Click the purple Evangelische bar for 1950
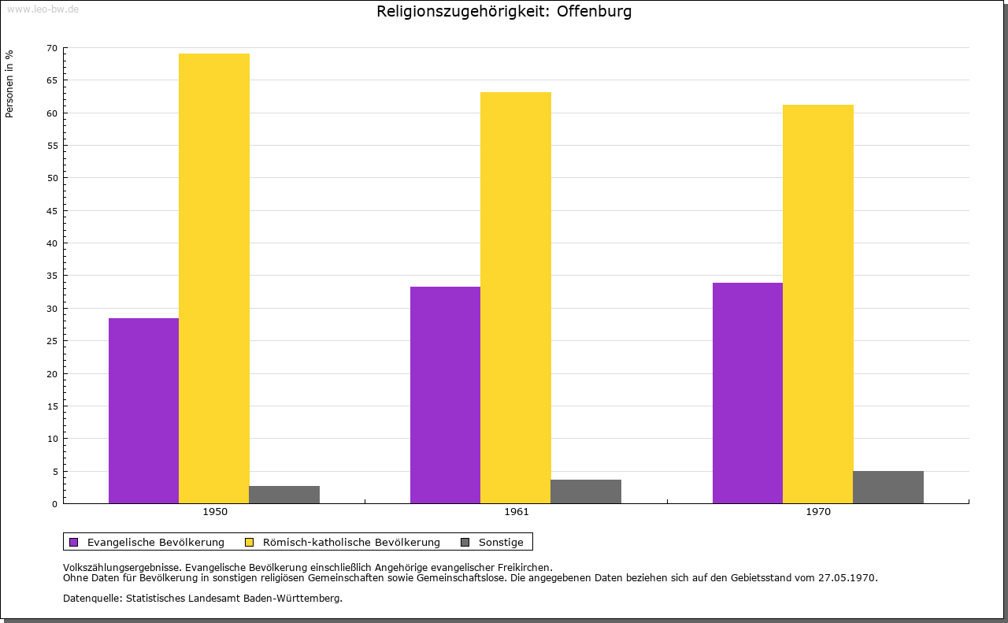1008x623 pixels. [143, 410]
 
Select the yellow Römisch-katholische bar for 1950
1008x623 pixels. [214, 278]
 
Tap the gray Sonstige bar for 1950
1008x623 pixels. [284, 495]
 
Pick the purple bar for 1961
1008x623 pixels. [445, 395]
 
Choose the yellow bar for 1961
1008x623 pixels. [516, 298]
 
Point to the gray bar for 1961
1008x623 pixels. [586, 491]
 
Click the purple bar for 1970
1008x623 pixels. [747, 392]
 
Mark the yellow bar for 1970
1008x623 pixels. [817, 304]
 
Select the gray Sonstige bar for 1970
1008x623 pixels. [888, 487]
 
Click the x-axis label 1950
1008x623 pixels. [215, 512]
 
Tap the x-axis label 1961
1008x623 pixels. [517, 512]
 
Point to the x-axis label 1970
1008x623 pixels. [818, 512]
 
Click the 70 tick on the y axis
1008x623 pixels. [52, 48]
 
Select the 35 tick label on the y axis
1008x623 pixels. [52, 276]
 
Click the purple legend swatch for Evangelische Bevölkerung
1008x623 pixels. [74, 542]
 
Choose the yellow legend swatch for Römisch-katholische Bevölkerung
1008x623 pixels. [249, 542]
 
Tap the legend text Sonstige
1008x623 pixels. [501, 542]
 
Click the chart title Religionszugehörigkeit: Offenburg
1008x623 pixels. [504, 12]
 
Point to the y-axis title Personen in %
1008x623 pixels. [9, 83]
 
